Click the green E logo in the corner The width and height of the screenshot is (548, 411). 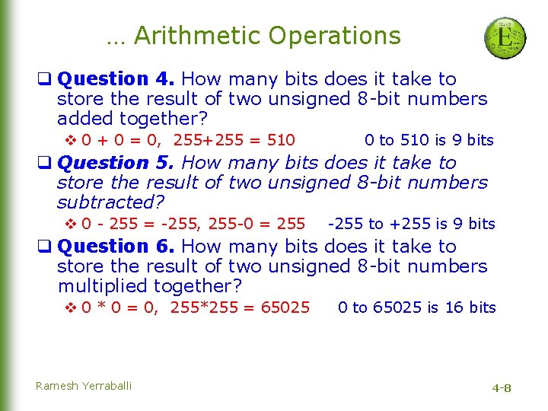pyautogui.click(x=505, y=37)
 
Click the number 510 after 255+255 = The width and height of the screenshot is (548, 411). pyautogui.click(x=282, y=140)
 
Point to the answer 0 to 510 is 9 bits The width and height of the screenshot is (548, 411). pyautogui.click(x=429, y=140)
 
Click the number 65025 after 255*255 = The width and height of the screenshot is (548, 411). pyautogui.click(x=285, y=307)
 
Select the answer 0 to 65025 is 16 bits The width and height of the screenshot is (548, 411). pyautogui.click(x=417, y=307)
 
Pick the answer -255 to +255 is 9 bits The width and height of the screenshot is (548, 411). pyautogui.click(x=411, y=224)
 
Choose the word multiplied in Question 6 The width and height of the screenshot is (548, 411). pyautogui.click(x=103, y=286)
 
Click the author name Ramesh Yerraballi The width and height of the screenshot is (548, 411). pyautogui.click(x=84, y=386)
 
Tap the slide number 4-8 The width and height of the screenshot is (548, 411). pyautogui.click(x=502, y=388)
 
